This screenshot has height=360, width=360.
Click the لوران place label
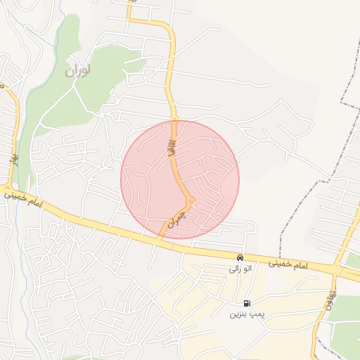click(79, 71)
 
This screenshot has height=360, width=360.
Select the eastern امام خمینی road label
click(289, 263)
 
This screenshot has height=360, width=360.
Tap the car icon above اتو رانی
click(240, 258)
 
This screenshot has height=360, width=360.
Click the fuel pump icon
click(246, 303)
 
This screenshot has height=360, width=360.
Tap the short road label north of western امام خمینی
click(13, 158)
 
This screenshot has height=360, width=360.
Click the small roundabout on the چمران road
click(189, 202)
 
